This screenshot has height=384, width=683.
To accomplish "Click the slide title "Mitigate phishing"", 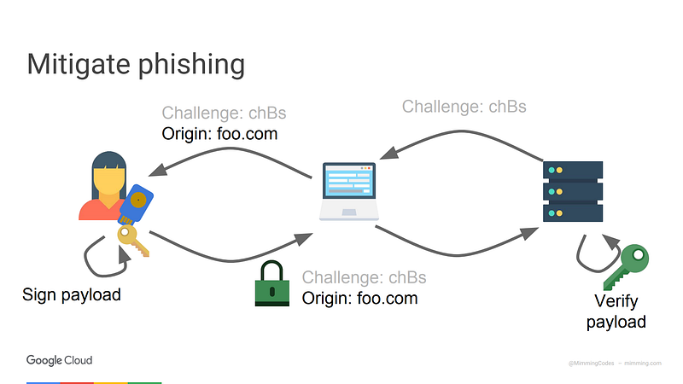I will tap(136, 65).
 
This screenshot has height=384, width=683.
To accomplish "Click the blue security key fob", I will tap(137, 206).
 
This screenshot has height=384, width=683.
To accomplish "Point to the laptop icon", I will tap(347, 192).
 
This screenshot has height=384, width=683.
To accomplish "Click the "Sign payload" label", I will tap(72, 295).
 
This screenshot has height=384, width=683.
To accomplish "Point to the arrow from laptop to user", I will tap(231, 152).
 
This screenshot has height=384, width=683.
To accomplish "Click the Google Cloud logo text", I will tap(59, 360).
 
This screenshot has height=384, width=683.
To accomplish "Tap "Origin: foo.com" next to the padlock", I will tap(359, 298).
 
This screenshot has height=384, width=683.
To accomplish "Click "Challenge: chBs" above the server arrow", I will tap(464, 107).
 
